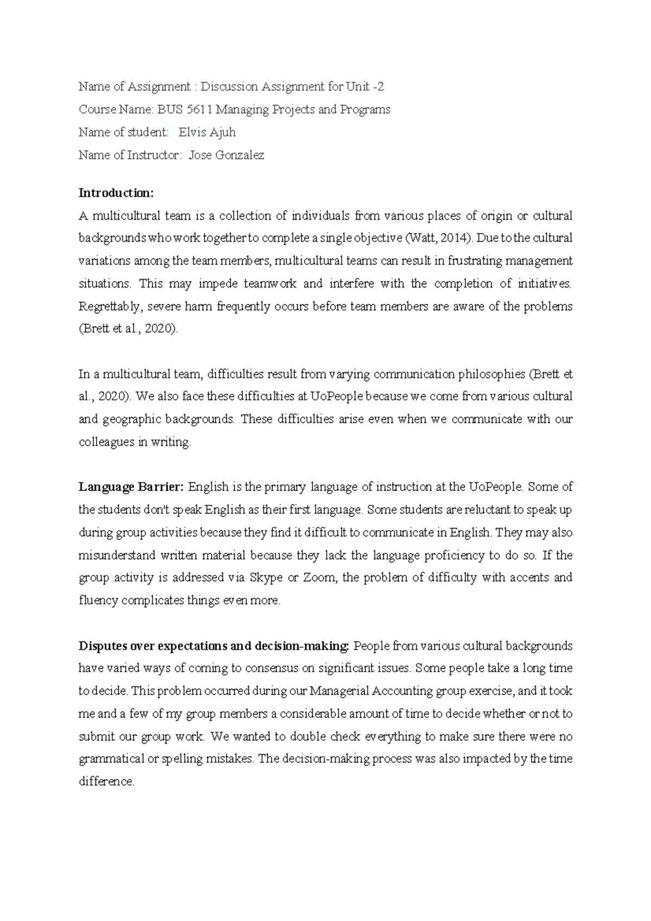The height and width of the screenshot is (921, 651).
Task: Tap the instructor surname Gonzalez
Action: (240, 155)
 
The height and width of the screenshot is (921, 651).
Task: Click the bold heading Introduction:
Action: (117, 193)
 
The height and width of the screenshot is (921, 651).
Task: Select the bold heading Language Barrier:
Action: (131, 487)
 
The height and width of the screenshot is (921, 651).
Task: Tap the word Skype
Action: (266, 578)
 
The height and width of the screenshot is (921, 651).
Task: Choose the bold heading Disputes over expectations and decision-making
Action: (213, 646)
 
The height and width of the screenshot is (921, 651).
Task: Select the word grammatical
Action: (112, 759)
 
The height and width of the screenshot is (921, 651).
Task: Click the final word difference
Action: (106, 782)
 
